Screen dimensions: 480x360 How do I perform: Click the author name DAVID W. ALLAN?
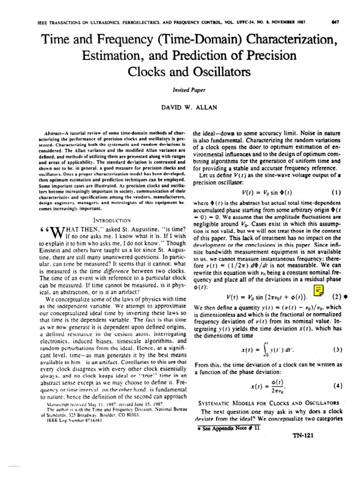(x=180, y=108)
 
